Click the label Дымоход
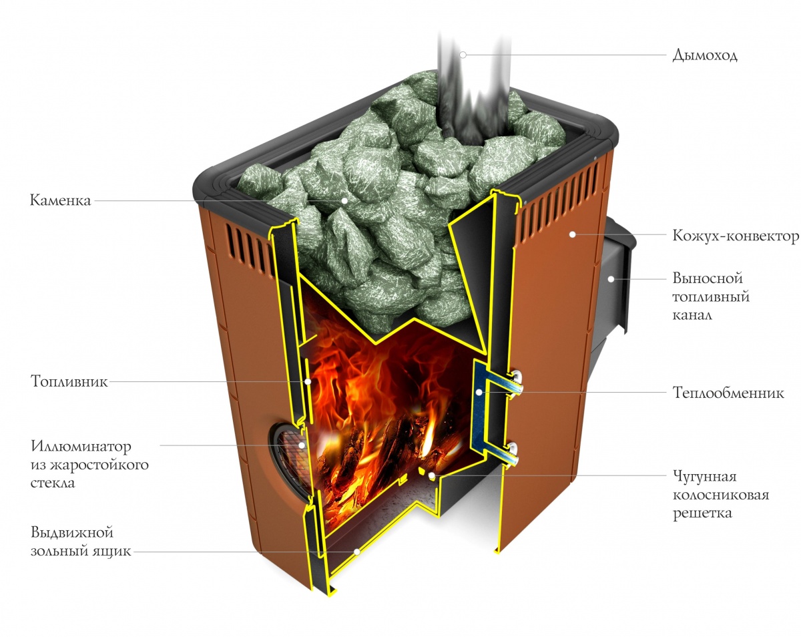tap(704, 55)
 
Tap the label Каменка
tap(59, 200)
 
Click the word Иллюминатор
tap(81, 446)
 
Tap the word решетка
tap(702, 513)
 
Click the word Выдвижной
tap(71, 533)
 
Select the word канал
tap(692, 314)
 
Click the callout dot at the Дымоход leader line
tap(462, 54)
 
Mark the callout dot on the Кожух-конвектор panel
tap(571, 234)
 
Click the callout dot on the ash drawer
tap(357, 552)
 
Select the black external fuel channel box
tap(617, 280)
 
